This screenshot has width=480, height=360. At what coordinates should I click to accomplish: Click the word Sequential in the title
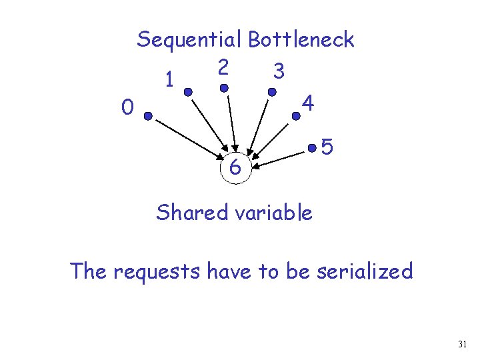pos(190,40)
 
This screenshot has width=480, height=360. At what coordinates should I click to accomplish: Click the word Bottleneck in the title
pos(301,40)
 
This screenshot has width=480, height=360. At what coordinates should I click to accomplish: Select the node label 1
pos(171,81)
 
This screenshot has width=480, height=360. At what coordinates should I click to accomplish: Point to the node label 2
pos(224,67)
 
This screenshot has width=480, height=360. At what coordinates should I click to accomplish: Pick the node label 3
pos(279,71)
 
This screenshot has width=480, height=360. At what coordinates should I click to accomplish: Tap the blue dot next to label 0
pos(149,117)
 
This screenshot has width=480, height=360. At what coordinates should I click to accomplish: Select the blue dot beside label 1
pos(189,92)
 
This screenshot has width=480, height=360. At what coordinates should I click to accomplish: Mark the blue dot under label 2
pos(225,87)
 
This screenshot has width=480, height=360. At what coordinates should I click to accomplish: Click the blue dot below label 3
pos(272,92)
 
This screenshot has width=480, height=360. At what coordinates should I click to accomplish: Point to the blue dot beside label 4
pos(296,116)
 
